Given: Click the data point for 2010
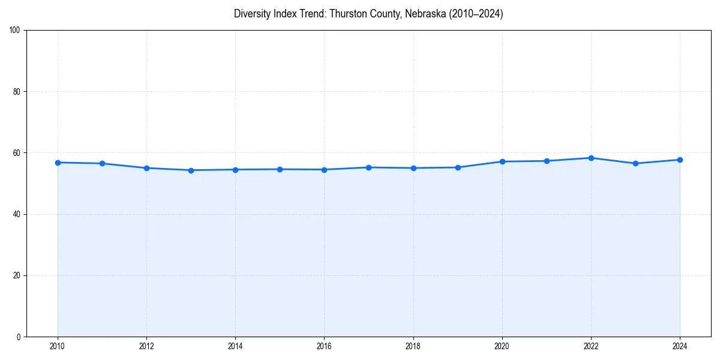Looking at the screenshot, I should pos(58,163).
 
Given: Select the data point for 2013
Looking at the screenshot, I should pos(191,170).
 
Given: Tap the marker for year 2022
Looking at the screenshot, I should pos(591,158).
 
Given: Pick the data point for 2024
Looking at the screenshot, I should pos(680,160).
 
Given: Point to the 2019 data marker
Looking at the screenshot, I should pos(458,167).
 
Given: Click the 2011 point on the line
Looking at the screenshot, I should pos(102,163).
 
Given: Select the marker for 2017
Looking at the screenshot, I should pos(368,167).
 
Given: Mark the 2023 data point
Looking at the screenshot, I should pos(635,163).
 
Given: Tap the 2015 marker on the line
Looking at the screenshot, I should pos(280,169).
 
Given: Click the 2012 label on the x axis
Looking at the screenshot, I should pos(146,346).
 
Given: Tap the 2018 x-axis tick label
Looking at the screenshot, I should pos(413,346).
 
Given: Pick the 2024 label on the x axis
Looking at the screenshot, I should pos(680,346).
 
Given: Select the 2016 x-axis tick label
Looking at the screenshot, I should pos(324,346).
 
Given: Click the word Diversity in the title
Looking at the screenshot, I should pos(251,14).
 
